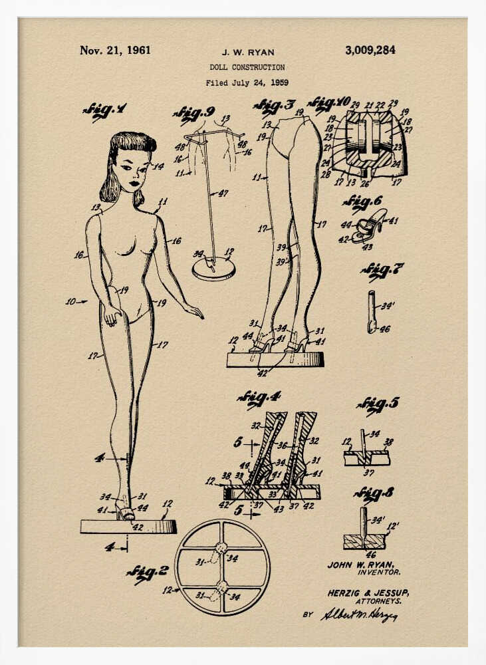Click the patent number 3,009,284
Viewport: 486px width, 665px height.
[370, 50]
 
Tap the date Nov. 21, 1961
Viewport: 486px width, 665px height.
[115, 50]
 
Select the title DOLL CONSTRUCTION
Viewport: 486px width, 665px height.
[247, 67]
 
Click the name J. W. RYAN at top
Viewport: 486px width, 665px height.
[248, 52]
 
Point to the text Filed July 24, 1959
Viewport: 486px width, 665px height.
[247, 83]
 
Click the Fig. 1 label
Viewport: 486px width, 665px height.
[104, 110]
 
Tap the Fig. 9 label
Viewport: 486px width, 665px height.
[193, 114]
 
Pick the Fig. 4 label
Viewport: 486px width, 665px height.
[259, 398]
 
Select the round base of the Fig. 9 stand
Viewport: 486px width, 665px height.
[213, 268]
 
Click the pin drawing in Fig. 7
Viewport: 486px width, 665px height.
[371, 311]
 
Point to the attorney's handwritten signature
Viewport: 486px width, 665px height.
[359, 614]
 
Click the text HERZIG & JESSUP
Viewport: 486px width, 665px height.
[368, 593]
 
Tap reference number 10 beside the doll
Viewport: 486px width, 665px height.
[71, 302]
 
